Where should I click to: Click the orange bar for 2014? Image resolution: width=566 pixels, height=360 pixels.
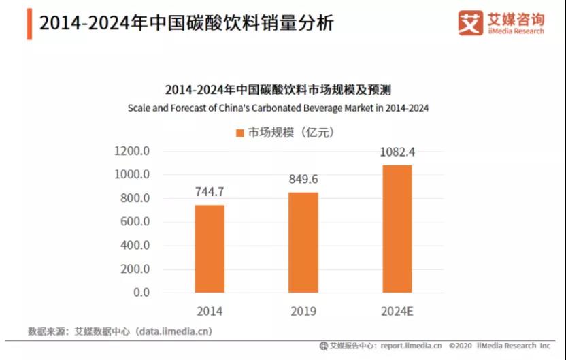210,248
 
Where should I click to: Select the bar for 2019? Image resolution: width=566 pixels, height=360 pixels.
303,242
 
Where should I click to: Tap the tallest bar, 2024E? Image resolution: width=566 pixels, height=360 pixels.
397,229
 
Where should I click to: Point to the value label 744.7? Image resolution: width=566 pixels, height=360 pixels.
210,193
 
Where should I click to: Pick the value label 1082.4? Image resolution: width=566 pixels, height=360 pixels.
397,152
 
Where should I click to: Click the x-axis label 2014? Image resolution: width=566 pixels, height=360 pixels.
210,312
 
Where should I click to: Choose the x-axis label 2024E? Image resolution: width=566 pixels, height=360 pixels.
397,312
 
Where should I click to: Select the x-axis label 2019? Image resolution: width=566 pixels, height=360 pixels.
303,312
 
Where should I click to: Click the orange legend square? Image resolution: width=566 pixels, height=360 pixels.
239,133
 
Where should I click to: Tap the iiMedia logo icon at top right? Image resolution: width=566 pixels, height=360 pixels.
470,22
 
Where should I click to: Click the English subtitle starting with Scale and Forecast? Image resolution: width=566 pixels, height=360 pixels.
278,108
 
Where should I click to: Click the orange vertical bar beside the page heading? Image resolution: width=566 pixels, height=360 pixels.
29,24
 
